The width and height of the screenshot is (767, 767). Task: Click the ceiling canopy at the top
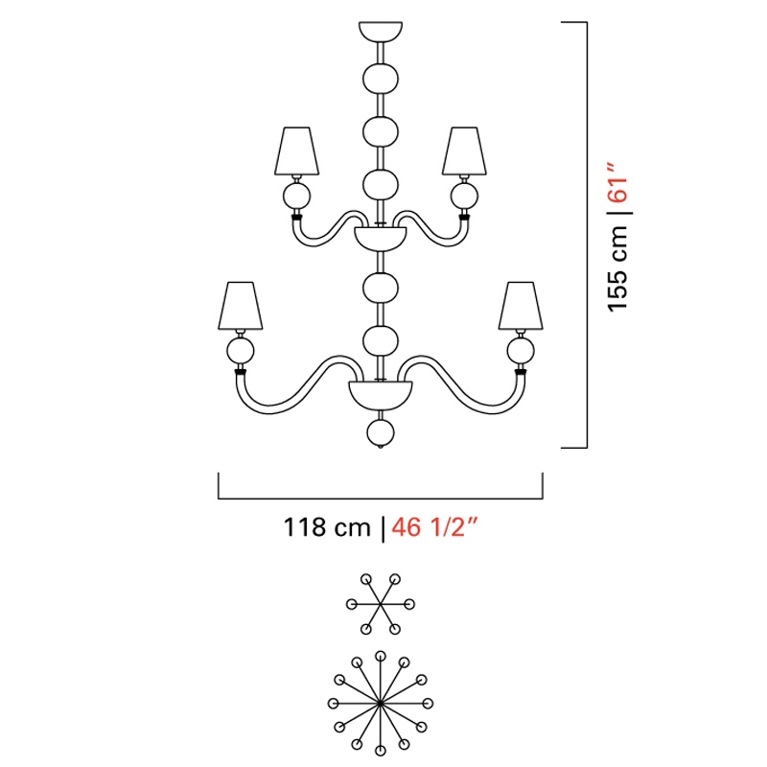[381, 31]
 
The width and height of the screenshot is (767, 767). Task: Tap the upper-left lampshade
[297, 151]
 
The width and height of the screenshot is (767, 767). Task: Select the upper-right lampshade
[464, 151]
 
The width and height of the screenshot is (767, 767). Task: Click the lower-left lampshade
[241, 306]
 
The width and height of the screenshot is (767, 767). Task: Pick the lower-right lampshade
[521, 306]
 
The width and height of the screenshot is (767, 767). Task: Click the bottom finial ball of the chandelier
[381, 433]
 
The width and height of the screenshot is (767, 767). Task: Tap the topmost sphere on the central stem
[381, 79]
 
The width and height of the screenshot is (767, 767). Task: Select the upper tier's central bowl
[381, 239]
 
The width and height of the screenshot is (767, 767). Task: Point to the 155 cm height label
[617, 268]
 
